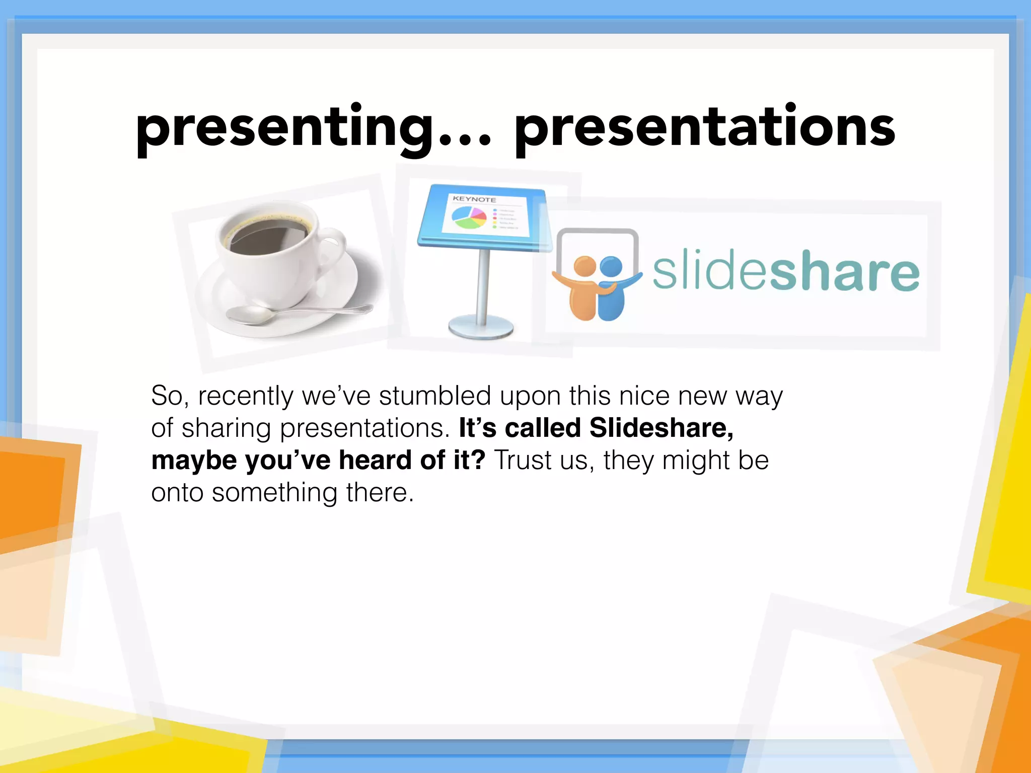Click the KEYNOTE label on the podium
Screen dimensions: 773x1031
point(474,199)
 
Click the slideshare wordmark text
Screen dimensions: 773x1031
point(785,272)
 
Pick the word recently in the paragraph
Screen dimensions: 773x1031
point(245,397)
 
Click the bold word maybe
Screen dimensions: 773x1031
point(194,461)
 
